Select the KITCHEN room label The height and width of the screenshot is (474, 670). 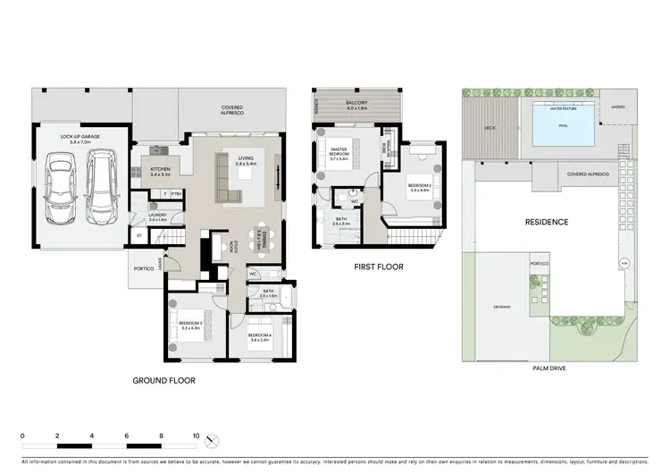pos(160,171)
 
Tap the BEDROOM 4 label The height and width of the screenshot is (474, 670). pos(260,337)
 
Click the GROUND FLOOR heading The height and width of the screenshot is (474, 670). pos(163,380)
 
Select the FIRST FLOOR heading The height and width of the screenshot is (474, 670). pos(378,267)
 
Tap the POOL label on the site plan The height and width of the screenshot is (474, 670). pos(563,126)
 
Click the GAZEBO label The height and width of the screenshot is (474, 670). pos(618,106)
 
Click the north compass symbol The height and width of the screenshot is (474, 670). pos(213,441)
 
